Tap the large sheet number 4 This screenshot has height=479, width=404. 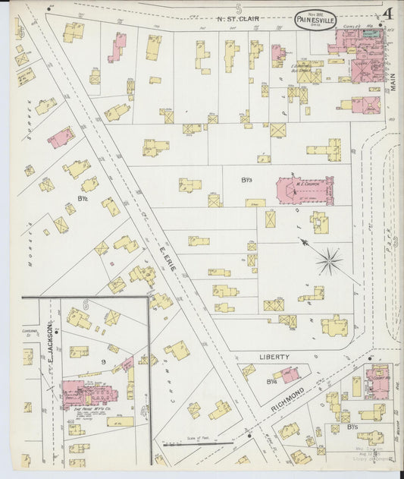pos(387,13)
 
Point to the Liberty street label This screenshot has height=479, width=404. pos(274,356)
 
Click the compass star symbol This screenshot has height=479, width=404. pos(330,263)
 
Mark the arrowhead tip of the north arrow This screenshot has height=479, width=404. pos(301,241)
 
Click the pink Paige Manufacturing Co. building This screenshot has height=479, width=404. pos(91,392)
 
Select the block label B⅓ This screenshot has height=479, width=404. pos(246,180)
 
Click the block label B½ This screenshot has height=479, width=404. pos(84,200)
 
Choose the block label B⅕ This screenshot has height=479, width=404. pos(352,428)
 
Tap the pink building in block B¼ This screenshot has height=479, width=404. pos(287,373)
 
